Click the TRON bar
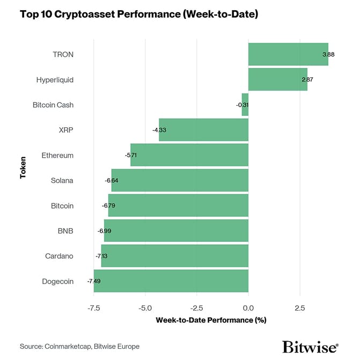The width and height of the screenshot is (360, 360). [288, 54]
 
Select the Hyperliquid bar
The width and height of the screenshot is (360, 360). [277, 79]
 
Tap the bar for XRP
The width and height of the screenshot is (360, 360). [204, 130]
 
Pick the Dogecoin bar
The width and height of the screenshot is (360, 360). [171, 281]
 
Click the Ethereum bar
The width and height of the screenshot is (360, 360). [189, 155]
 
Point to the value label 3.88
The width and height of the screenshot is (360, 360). [328, 55]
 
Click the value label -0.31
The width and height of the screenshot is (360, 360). [242, 105]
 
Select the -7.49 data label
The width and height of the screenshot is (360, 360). [94, 281]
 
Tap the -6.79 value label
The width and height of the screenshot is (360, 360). [109, 205]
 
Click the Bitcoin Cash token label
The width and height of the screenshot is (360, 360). [53, 105]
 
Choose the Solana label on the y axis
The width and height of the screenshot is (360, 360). [62, 180]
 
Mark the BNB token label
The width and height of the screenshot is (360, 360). [65, 231]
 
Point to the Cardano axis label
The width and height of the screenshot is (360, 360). [60, 256]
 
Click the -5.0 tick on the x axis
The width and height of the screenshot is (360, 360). [145, 308]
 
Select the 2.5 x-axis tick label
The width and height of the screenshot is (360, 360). [300, 308]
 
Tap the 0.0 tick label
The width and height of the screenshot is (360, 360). [248, 308]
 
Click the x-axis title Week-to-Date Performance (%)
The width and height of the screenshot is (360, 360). [211, 320]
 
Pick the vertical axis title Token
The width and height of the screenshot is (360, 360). [23, 167]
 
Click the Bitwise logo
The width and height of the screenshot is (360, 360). [310, 347]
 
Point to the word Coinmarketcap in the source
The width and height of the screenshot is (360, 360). [69, 347]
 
